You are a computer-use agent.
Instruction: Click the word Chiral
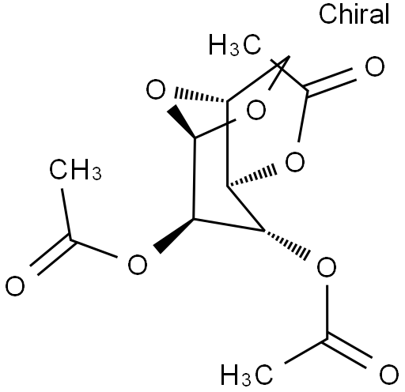click(x=354, y=14)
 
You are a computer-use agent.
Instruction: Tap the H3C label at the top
click(x=235, y=45)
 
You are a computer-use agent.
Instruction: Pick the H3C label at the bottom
click(x=247, y=375)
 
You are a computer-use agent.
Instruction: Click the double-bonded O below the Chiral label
click(x=375, y=66)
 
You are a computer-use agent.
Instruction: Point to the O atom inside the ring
click(x=256, y=110)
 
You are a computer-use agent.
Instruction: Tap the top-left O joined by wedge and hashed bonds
click(x=156, y=89)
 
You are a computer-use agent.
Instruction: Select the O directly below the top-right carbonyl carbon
click(x=295, y=162)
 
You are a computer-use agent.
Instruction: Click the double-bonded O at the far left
click(x=15, y=286)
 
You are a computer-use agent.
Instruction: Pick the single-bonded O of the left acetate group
click(x=138, y=264)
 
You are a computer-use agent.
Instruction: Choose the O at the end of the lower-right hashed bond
click(x=327, y=267)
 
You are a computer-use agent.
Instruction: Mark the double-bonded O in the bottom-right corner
click(x=389, y=374)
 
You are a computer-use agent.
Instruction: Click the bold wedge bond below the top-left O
click(x=181, y=122)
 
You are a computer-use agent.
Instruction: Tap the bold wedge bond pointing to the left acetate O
click(x=174, y=235)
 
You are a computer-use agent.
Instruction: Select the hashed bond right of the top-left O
click(x=200, y=96)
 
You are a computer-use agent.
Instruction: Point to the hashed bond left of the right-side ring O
click(x=252, y=176)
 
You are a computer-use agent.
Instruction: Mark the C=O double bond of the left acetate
click(x=53, y=253)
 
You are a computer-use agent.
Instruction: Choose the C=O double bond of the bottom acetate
click(x=347, y=352)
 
